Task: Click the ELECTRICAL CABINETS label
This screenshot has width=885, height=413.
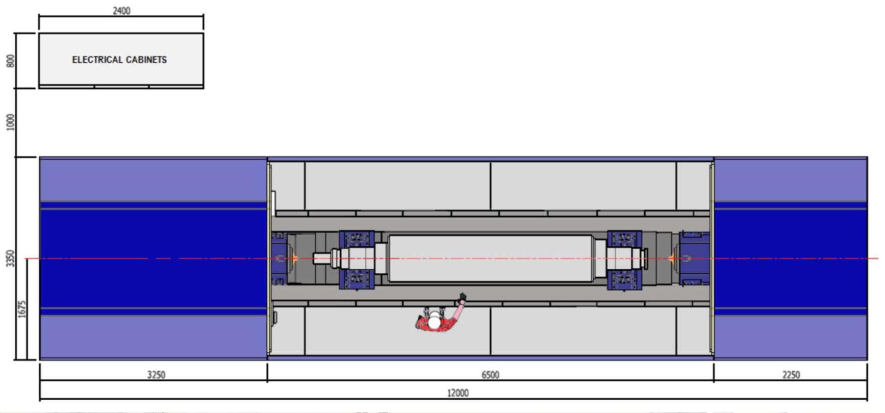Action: pyautogui.click(x=119, y=60)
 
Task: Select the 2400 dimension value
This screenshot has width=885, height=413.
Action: pyautogui.click(x=121, y=11)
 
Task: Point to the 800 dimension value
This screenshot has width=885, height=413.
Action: pyautogui.click(x=11, y=61)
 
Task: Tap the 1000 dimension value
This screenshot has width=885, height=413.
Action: pyautogui.click(x=11, y=122)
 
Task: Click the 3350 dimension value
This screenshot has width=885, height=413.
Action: pyautogui.click(x=11, y=258)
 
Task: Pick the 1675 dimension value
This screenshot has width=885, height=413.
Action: pyautogui.click(x=22, y=309)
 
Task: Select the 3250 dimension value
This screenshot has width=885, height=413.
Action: pyautogui.click(x=156, y=375)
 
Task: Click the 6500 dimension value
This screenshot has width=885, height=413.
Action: pyautogui.click(x=490, y=375)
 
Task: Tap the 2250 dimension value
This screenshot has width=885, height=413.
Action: pyautogui.click(x=791, y=375)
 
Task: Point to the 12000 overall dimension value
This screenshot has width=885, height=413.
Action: pyautogui.click(x=458, y=393)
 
